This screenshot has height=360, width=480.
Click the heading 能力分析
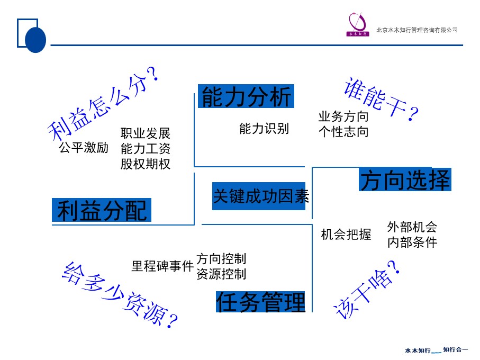246,97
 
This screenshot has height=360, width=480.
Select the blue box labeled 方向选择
405,181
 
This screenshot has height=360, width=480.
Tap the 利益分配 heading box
102,210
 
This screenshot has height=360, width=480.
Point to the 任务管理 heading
261,302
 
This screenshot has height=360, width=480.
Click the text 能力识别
264,129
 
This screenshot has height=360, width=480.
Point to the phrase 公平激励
84,148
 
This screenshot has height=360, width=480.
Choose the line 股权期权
146,164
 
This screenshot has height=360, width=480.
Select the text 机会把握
346,235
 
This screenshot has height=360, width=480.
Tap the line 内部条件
412,242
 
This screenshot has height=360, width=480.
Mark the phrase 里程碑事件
162,266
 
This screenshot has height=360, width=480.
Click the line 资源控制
221,274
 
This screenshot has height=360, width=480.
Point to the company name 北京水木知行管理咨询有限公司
417,30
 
